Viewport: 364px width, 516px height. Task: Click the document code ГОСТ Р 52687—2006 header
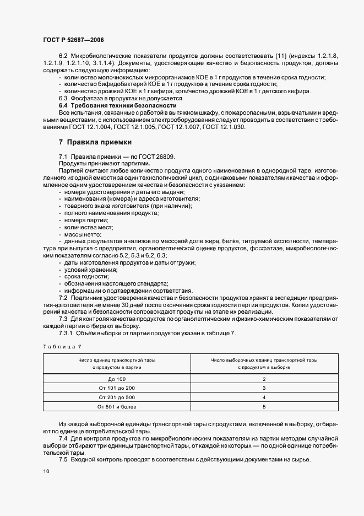[x=73, y=40]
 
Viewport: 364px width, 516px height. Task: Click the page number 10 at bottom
[x=45, y=472]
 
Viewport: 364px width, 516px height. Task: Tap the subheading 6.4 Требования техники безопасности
[x=117, y=105]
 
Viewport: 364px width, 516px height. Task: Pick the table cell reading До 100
[x=117, y=379]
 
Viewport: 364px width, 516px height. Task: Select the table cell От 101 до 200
[x=117, y=388]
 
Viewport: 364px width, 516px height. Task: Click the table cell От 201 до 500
[x=117, y=397]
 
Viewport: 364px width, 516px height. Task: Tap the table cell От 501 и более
[x=117, y=406]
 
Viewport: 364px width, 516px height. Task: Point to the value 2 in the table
[x=264, y=379]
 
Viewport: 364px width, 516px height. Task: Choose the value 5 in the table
[x=264, y=406]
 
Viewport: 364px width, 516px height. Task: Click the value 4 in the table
[x=264, y=397]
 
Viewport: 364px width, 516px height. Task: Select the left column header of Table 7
[x=117, y=363]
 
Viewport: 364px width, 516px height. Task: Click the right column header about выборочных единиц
[x=264, y=363]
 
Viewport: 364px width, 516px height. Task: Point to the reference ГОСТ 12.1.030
[x=224, y=127]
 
